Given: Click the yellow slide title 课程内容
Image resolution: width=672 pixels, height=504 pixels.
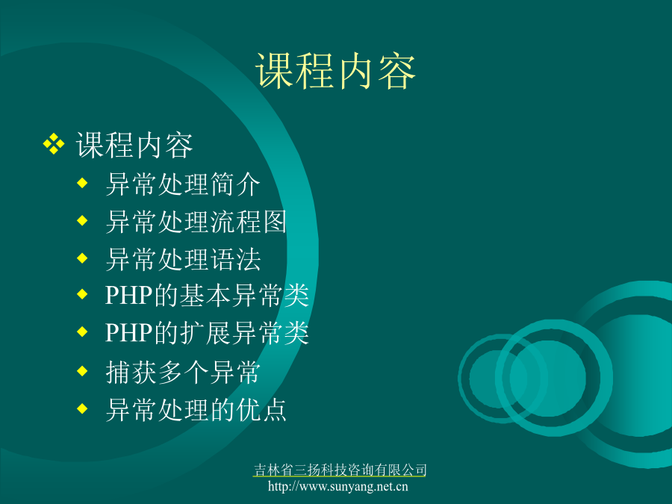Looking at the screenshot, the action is tap(335, 71).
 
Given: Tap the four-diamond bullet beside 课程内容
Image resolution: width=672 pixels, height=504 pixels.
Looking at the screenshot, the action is tap(54, 144).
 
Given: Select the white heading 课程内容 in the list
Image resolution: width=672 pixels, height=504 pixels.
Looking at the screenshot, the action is tap(134, 146).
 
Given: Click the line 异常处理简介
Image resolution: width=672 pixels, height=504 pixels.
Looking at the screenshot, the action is tap(183, 184).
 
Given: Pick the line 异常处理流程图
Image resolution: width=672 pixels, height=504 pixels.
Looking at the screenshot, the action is tap(196, 222).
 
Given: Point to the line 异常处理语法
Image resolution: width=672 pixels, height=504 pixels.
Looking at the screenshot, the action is tap(183, 259).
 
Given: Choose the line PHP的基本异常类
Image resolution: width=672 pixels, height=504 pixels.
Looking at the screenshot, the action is tap(207, 295).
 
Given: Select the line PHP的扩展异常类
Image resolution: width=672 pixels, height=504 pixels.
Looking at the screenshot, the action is tap(207, 332).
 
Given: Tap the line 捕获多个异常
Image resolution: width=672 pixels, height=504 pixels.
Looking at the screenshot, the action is tap(183, 372).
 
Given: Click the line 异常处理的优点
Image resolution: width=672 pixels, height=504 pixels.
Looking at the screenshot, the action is tap(196, 410).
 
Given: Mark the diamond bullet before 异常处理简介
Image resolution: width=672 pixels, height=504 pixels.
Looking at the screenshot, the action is tap(82, 184).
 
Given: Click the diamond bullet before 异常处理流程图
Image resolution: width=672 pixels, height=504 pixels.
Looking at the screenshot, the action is tap(82, 221).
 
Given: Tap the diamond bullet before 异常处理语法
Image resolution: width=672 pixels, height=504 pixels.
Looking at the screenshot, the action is tap(82, 258).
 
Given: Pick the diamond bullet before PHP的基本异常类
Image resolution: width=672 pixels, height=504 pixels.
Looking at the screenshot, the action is tap(82, 294).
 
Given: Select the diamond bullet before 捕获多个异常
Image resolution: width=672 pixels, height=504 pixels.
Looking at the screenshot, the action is tap(82, 371).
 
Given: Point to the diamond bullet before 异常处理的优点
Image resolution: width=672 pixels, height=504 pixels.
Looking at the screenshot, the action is tap(82, 409).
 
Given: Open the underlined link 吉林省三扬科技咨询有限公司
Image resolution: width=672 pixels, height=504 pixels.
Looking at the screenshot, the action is tap(340, 470).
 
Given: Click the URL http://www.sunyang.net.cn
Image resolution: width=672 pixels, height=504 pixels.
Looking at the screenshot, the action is tap(338, 486).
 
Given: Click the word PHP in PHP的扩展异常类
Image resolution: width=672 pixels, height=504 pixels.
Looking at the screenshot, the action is tap(129, 332).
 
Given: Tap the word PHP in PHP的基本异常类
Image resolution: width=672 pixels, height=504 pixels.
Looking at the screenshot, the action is tap(129, 295).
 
